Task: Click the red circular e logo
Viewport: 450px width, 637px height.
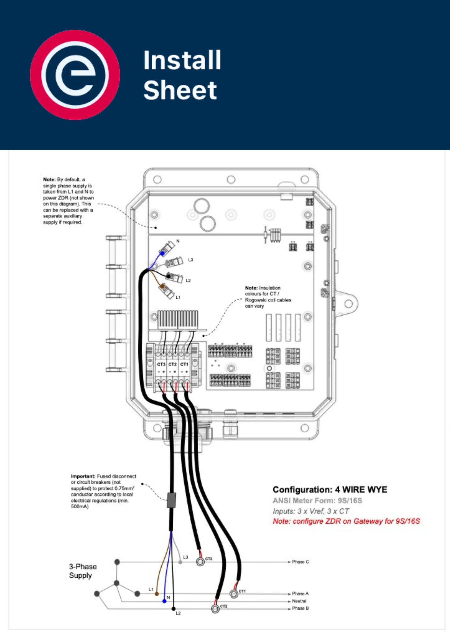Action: click(75, 75)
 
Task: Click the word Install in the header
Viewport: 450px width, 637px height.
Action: click(182, 60)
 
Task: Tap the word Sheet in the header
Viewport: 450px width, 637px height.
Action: click(180, 90)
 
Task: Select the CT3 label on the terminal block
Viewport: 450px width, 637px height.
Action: click(161, 364)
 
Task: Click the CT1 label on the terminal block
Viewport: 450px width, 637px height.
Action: click(184, 364)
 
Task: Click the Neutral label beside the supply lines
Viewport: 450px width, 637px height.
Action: click(299, 601)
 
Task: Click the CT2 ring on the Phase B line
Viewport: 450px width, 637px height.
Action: click(215, 609)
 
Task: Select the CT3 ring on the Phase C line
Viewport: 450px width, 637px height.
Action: click(200, 562)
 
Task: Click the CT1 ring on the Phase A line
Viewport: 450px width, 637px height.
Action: click(234, 594)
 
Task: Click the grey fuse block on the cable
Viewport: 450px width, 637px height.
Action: click(172, 500)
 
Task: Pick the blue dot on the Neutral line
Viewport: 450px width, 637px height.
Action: click(164, 601)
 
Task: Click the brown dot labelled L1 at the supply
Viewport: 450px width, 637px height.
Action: click(157, 594)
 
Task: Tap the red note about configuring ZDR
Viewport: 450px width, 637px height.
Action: click(346, 521)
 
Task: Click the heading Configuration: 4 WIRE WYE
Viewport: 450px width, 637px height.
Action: click(330, 490)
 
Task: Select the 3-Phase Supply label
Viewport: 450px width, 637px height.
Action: click(83, 571)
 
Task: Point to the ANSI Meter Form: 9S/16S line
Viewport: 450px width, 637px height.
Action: click(317, 501)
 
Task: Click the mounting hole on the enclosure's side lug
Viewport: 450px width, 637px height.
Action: click(348, 304)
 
